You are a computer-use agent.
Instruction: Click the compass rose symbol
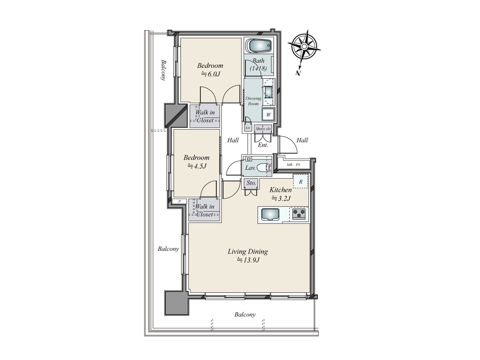click(x=304, y=47)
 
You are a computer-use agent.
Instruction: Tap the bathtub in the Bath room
click(x=259, y=46)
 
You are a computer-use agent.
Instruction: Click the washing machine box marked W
click(x=268, y=115)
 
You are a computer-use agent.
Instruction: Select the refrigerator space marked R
click(x=301, y=181)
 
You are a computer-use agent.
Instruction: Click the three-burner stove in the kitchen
click(x=299, y=214)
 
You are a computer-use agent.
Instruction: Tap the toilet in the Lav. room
click(x=263, y=167)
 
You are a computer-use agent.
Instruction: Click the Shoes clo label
click(x=263, y=129)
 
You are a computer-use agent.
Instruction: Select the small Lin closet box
click(x=247, y=128)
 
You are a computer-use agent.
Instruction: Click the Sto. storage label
click(x=251, y=183)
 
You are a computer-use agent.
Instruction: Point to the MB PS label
click(x=293, y=165)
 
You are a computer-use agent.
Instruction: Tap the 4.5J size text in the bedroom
click(x=197, y=166)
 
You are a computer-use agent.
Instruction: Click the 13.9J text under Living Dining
click(x=248, y=260)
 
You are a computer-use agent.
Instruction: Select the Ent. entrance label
click(x=263, y=145)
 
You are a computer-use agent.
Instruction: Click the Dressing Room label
click(x=253, y=101)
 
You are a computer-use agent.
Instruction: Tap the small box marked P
click(x=179, y=201)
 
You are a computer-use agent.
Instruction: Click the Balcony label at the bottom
click(x=245, y=315)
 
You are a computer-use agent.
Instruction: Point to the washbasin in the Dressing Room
click(x=268, y=91)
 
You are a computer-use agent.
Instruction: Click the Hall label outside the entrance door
click(x=302, y=140)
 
